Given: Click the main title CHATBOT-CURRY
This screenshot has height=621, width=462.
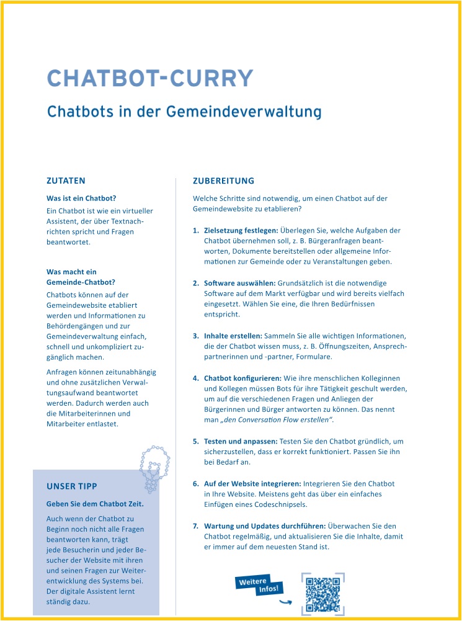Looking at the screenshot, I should click(150, 79).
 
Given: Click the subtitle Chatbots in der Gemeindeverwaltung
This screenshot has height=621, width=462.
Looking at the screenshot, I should click(184, 112).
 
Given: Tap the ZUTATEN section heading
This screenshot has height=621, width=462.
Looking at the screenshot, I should click(66, 181).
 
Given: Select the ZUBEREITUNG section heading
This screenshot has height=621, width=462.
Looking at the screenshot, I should click(223, 181).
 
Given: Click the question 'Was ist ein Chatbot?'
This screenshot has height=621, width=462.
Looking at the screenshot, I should click(81, 199).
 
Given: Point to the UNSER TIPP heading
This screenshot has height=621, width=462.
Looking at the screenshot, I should click(72, 486).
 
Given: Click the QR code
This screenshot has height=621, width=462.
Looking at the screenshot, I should click(322, 594).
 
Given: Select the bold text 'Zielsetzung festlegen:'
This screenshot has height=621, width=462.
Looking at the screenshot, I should click(241, 230).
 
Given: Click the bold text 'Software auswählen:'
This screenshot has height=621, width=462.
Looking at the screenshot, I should click(239, 283).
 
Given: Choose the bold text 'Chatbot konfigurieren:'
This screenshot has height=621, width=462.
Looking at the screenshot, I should click(242, 378).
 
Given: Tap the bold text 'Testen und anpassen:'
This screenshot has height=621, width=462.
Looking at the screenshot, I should click(241, 441).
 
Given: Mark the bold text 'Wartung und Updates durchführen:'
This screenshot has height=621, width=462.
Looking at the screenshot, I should click(265, 525).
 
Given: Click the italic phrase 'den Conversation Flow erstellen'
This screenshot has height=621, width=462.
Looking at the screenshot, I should click(277, 421).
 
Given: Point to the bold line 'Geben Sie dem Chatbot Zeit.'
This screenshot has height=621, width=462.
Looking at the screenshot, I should click(95, 504).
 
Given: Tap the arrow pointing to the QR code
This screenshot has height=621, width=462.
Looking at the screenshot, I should click(285, 601).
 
